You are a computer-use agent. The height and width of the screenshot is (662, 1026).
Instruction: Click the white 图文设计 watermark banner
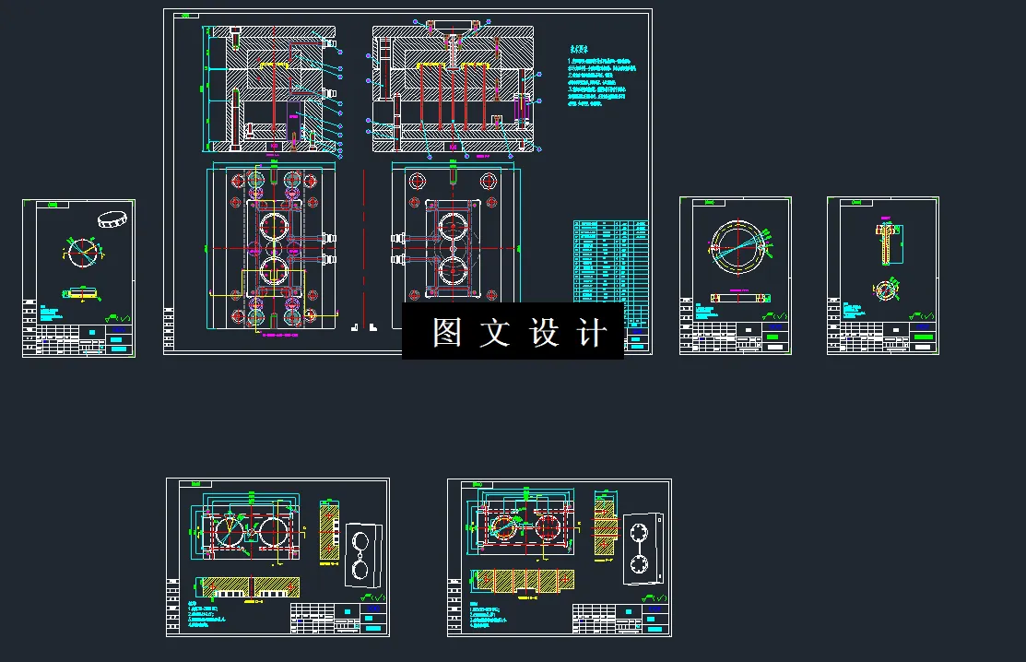[513, 331]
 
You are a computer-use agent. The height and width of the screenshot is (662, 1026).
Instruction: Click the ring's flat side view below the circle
[739, 298]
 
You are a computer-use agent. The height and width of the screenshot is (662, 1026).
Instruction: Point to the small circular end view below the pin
[886, 290]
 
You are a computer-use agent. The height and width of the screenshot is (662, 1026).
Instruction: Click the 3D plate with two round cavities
[363, 555]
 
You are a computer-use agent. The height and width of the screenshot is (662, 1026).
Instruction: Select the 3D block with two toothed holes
[642, 549]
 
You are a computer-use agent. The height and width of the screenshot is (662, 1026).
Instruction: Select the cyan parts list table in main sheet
[609, 267]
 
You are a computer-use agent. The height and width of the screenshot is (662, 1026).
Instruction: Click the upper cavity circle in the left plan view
[275, 226]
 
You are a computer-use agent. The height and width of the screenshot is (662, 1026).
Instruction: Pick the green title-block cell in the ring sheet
[775, 327]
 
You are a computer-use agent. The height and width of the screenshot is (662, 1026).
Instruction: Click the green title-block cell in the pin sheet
[923, 327]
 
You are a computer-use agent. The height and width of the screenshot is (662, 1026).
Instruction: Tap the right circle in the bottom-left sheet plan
[274, 532]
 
